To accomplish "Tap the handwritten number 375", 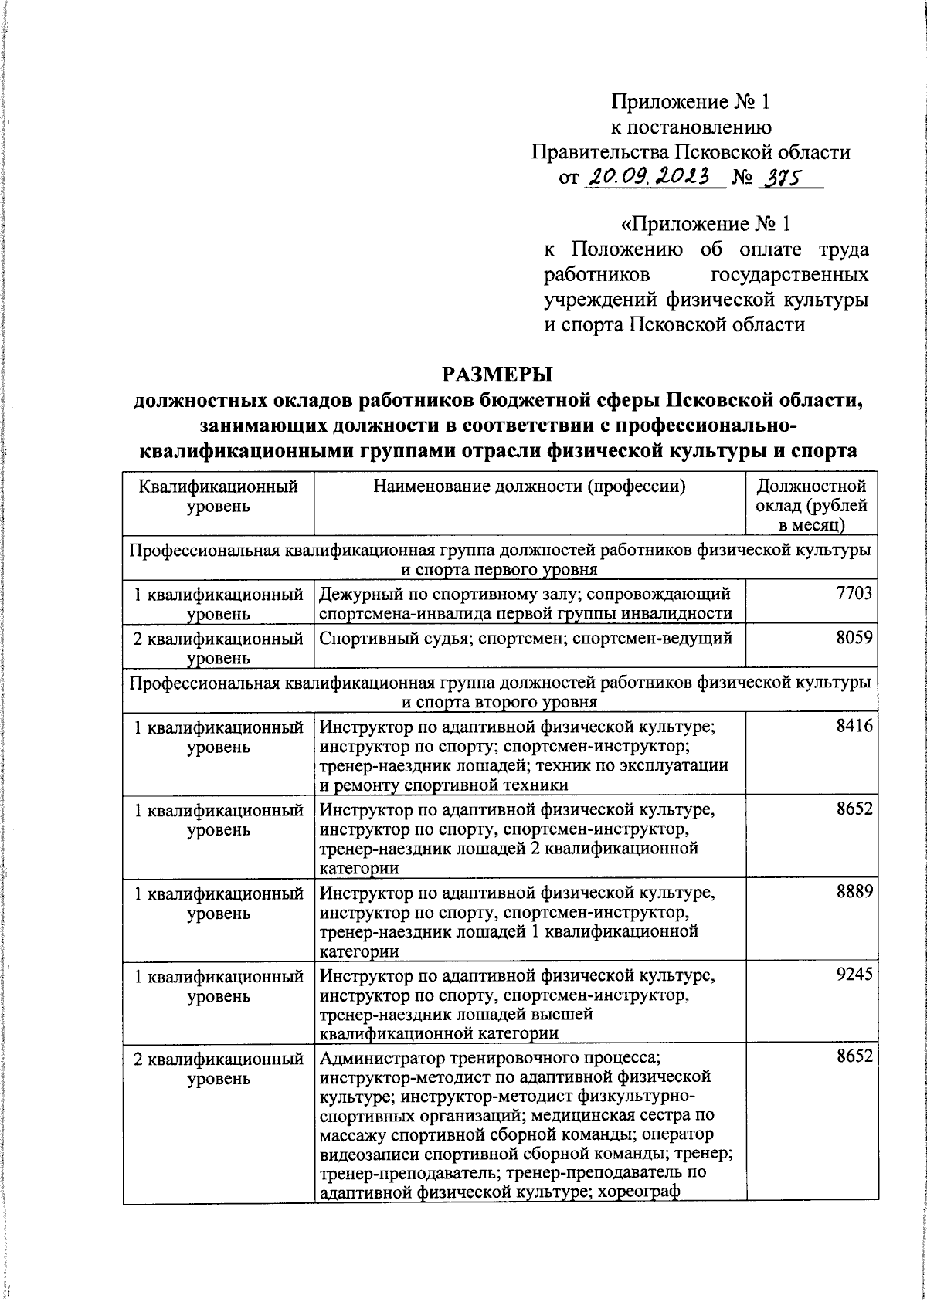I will pos(781,177).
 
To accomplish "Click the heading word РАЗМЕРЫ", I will pos(498,374).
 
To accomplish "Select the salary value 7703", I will pos(854,593).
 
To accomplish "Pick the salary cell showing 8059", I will pos(854,638).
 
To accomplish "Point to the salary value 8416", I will pos(854,726).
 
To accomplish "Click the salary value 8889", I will pos(854,892).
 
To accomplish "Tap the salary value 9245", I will pos(854,975).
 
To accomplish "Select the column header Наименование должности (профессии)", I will pos(529,487).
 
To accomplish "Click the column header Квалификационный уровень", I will pos(218,497).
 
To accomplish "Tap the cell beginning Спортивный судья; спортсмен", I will pos(525,639).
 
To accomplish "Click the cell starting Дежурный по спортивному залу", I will pos(525,603).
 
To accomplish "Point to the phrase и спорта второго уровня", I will pos(499,702).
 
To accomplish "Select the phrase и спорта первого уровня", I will pos(499,570).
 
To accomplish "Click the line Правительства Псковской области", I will pos(691,152).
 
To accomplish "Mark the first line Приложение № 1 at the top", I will pos(691,102).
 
